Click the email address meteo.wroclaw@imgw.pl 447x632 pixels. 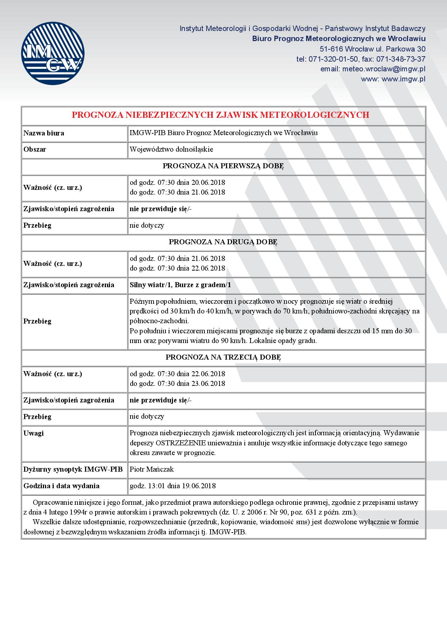pyautogui.click(x=373, y=69)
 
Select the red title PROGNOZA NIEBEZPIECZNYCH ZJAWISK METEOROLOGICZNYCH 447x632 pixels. pyautogui.click(x=220, y=115)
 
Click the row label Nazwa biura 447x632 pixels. pyautogui.click(x=44, y=133)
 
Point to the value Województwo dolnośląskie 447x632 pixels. pyautogui.click(x=171, y=149)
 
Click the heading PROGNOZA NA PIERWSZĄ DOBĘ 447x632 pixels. pyautogui.click(x=223, y=166)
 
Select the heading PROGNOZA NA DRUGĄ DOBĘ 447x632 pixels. pyautogui.click(x=223, y=242)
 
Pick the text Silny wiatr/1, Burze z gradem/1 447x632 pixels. pyautogui.click(x=180, y=285)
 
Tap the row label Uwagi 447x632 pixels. pyautogui.click(x=34, y=433)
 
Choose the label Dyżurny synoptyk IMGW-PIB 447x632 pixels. pyautogui.click(x=73, y=469)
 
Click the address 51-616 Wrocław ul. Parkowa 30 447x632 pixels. pyautogui.click(x=372, y=49)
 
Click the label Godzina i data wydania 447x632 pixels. pyautogui.click(x=61, y=486)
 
